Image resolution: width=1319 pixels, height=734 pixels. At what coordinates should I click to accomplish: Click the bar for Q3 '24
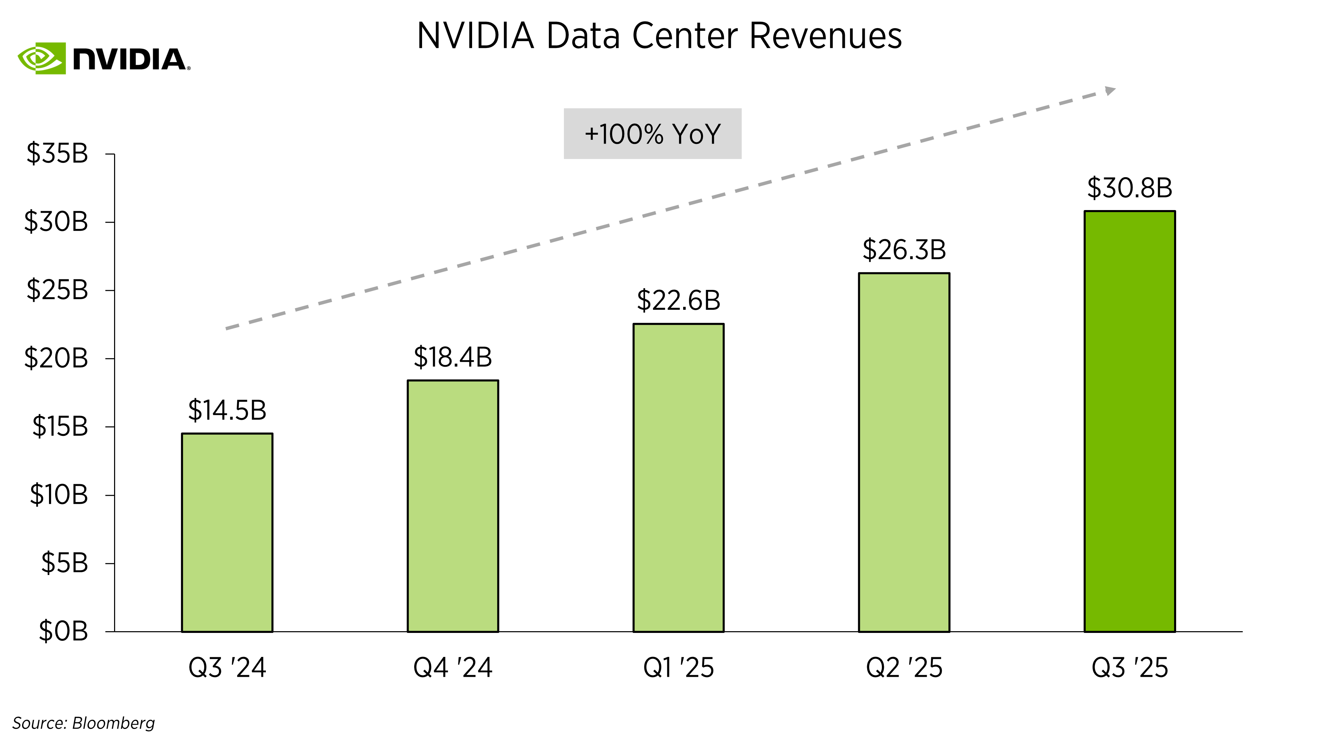(x=227, y=533)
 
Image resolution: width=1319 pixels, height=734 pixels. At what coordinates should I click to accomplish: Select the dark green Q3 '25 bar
(x=1130, y=421)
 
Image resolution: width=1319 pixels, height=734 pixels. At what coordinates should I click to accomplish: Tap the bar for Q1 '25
(x=678, y=477)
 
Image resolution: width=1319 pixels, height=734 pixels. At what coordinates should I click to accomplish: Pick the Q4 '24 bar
(x=453, y=506)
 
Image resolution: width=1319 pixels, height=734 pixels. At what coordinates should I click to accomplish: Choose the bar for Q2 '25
(x=904, y=452)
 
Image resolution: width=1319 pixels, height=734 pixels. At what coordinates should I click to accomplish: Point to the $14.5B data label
(x=227, y=410)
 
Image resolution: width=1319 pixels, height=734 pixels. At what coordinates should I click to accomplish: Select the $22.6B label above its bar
(x=678, y=300)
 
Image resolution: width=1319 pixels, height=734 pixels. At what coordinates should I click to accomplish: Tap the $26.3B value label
(x=904, y=249)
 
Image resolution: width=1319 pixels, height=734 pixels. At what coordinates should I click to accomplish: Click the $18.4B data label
(x=453, y=357)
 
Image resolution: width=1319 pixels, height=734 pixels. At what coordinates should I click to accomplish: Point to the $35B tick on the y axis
(x=57, y=153)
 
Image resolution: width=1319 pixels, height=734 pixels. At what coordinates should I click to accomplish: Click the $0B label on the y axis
(x=63, y=631)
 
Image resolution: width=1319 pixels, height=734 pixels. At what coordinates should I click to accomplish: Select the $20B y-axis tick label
(x=56, y=358)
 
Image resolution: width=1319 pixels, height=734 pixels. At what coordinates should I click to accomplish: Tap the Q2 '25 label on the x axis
(x=904, y=668)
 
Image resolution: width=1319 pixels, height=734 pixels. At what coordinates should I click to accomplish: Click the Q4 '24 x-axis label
(x=453, y=668)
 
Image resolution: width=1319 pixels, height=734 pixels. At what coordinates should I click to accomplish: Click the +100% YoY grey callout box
(x=652, y=134)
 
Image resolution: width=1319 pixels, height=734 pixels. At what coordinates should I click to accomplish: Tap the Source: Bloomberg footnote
(x=83, y=723)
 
